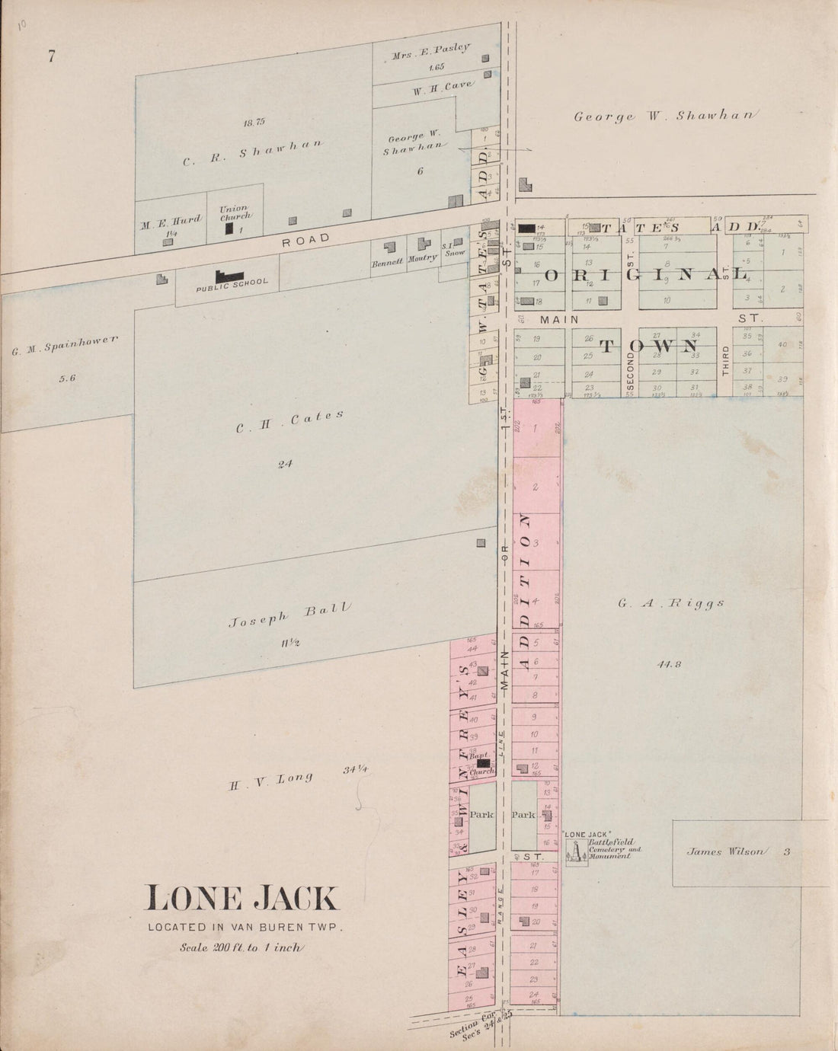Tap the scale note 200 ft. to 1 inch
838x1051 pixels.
241,948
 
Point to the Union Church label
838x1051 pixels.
234,212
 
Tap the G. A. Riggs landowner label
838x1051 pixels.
670,604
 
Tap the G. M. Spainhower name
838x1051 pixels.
64,345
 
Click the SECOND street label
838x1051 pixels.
630,363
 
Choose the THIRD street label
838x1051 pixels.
725,361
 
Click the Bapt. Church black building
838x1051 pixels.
483,762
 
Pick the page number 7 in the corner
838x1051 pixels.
51,56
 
